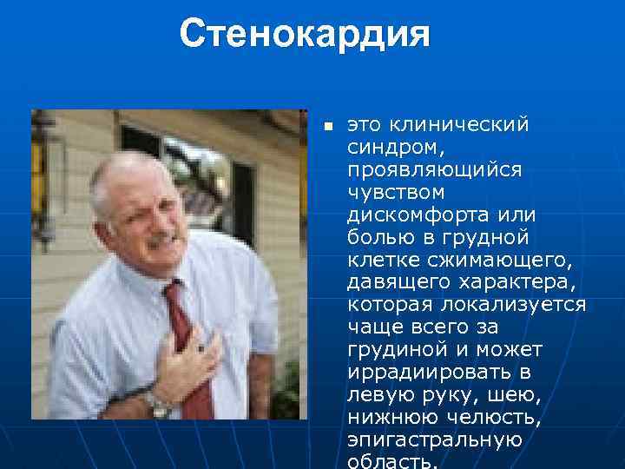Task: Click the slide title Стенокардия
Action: point(305,34)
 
